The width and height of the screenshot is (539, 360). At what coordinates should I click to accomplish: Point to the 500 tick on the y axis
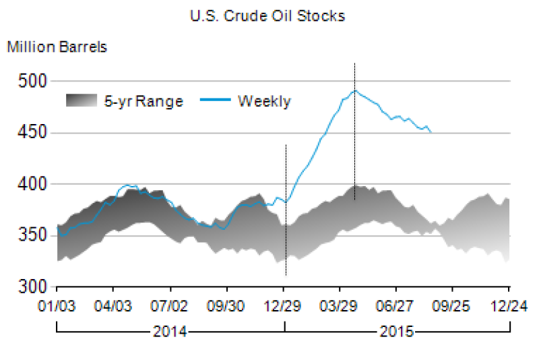point(34,82)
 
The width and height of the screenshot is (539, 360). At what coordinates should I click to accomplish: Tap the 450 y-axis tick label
point(34,133)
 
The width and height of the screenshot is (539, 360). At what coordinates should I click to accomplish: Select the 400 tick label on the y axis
point(34,184)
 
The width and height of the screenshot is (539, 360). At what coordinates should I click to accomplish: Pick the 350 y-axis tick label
point(34,235)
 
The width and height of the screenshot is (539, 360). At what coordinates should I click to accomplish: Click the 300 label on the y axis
point(34,287)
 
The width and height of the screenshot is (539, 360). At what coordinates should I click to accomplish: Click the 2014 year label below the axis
point(170,332)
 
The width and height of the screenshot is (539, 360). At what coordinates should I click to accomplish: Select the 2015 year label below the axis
point(398,332)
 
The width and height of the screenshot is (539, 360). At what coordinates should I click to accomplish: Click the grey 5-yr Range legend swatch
point(82,101)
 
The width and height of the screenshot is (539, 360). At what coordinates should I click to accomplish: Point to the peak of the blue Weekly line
point(355,90)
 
